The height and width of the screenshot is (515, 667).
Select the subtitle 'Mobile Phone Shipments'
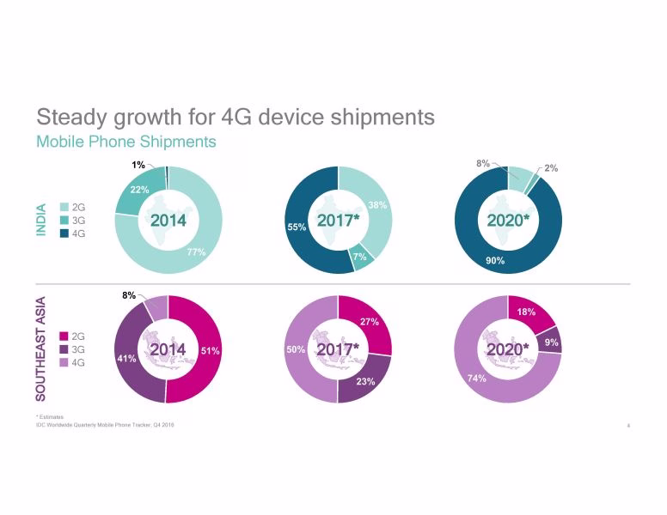125,141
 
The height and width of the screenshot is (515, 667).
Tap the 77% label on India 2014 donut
196,252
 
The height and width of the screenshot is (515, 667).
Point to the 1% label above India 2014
138,164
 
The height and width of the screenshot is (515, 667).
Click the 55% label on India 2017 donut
297,227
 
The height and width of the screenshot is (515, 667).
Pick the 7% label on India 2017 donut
359,257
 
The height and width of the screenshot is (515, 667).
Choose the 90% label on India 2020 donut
495,260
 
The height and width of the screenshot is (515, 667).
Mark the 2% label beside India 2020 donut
551,168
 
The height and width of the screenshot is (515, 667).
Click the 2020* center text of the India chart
508,221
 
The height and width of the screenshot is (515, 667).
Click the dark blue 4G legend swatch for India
64,233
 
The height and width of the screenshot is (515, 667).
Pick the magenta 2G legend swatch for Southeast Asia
64,336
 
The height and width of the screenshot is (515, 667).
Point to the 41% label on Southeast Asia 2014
125,359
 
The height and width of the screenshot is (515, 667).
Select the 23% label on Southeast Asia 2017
365,381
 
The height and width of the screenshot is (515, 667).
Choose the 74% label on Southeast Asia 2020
477,378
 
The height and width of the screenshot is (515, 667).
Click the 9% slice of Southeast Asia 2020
551,341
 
